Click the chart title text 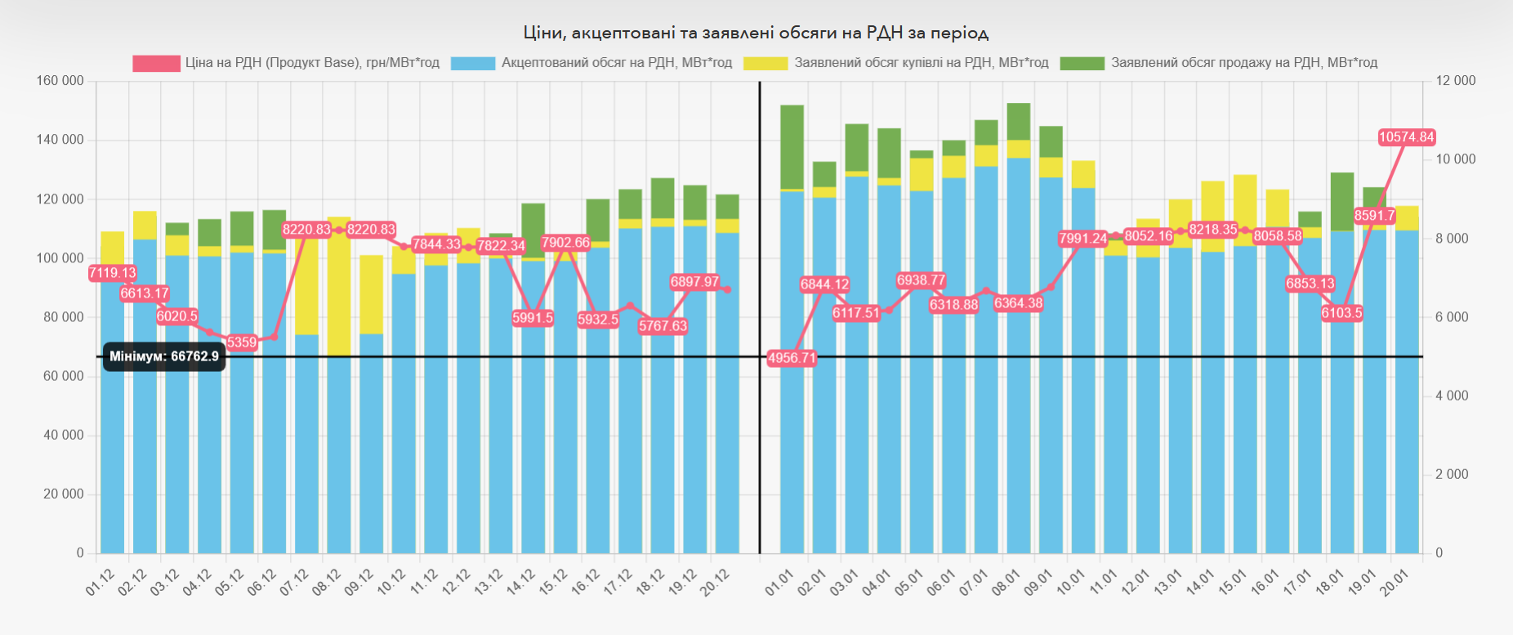756,33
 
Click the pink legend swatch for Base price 156,64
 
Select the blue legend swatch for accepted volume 472,64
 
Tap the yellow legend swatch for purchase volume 765,64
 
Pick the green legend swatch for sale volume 1082,64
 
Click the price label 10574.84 1406,137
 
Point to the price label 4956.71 792,358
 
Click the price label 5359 242,342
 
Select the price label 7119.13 113,273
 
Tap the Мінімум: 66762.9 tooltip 164,357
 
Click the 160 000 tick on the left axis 60,81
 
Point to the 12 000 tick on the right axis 1456,81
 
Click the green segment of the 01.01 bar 792,147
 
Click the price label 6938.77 921,280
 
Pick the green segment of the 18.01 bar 1342,200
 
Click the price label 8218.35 1212,230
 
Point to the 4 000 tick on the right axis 1452,396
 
